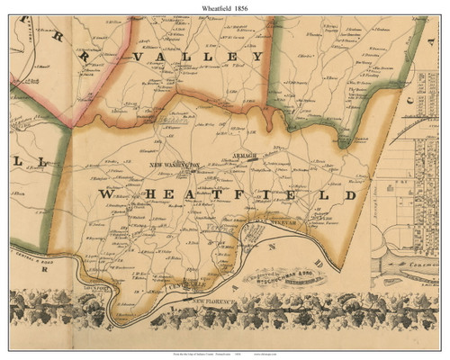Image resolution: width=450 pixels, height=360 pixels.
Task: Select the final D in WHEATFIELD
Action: pyautogui.click(x=350, y=193)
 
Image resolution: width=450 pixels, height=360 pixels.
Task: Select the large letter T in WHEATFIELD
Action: pyautogui.click(x=229, y=194)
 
